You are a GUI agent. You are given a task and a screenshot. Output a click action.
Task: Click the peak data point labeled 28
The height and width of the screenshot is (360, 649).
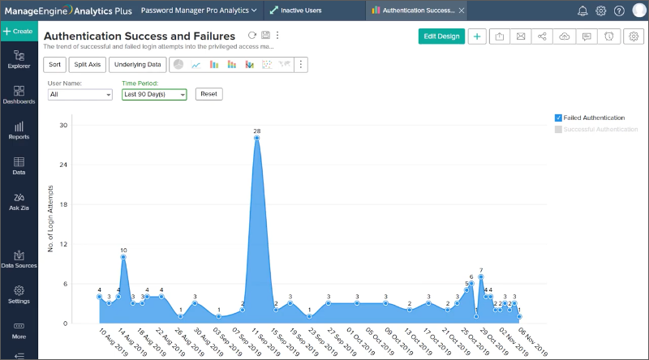256,138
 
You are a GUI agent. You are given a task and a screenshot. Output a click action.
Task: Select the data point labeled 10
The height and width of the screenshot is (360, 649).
123,257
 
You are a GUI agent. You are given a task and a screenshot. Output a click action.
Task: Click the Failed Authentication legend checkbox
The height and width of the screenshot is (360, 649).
558,118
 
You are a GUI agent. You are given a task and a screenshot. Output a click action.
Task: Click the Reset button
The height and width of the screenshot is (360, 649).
208,94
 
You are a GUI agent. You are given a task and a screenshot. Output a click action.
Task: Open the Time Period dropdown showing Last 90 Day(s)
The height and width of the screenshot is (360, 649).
154,94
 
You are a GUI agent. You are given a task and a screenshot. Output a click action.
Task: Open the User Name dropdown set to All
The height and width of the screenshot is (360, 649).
80,94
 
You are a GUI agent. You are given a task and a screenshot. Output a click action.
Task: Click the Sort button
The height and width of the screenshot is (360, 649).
54,64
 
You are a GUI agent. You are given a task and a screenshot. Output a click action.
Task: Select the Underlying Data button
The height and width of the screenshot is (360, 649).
137,64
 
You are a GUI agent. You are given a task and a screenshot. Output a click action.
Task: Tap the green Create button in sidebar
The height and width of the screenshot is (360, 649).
19,31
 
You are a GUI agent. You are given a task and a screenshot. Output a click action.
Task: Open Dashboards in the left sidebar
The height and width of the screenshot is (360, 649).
19,96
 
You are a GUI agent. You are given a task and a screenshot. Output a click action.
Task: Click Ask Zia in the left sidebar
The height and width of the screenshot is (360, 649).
19,201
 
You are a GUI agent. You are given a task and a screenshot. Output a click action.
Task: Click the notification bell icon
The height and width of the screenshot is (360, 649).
582,11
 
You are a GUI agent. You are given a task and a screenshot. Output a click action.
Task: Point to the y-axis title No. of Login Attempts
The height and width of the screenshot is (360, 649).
50,222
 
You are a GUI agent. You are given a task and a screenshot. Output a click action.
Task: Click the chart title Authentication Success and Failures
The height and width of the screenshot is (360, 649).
139,36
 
